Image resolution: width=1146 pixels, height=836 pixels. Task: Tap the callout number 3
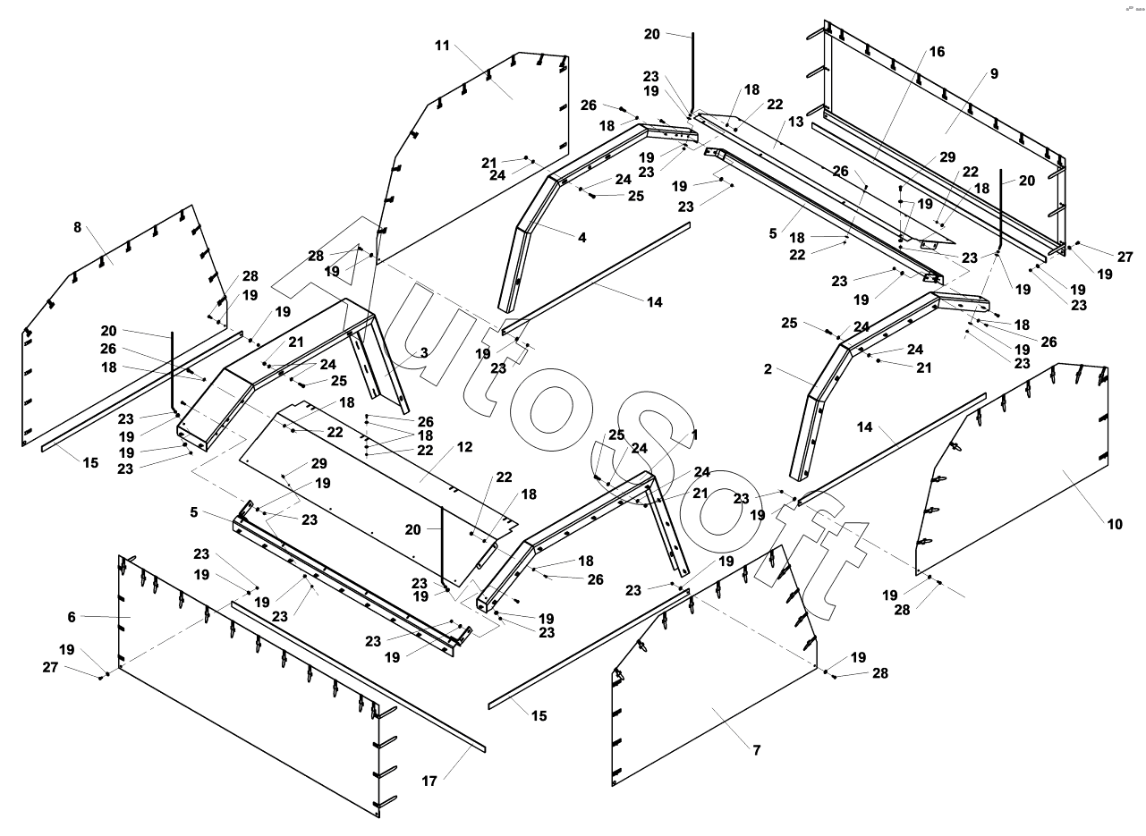[x=424, y=353]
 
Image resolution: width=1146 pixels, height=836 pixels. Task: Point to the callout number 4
[x=582, y=238]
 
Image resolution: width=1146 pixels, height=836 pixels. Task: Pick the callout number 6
[x=72, y=616]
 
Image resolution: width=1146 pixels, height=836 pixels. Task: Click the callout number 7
[x=757, y=749]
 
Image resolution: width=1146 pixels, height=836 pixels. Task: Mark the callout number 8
[x=77, y=227]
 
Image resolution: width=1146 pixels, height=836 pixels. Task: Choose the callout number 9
[x=994, y=73]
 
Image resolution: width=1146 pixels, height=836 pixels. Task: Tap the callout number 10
[x=1115, y=525]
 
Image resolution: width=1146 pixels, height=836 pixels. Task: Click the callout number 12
[x=463, y=446]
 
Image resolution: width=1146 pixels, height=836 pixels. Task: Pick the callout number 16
[x=937, y=52]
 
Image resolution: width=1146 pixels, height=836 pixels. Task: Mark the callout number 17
[x=429, y=781]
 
